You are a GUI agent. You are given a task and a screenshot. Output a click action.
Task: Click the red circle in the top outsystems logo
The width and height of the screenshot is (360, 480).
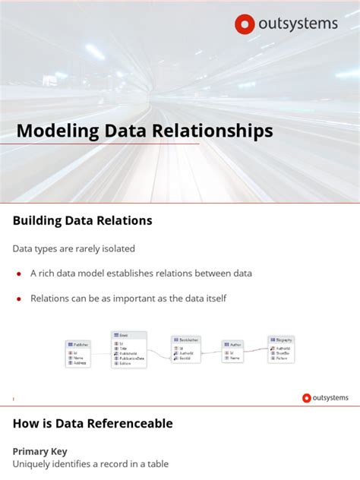pos(245,24)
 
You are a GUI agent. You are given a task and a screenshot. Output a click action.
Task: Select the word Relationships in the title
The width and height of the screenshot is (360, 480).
pos(221,131)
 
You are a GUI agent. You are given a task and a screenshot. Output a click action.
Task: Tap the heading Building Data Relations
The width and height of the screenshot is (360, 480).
pos(82,221)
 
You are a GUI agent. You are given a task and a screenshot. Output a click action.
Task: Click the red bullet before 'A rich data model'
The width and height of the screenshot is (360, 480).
pos(18,273)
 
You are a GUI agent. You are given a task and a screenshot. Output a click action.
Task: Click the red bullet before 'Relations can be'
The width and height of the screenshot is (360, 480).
pos(18,299)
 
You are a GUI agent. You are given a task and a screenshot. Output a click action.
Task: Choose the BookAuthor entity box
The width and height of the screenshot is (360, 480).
pos(185,350)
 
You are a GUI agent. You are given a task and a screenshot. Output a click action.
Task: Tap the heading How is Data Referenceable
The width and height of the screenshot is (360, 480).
pos(93,424)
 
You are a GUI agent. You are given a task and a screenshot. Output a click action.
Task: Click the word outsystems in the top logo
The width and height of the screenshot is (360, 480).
pos(297,24)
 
